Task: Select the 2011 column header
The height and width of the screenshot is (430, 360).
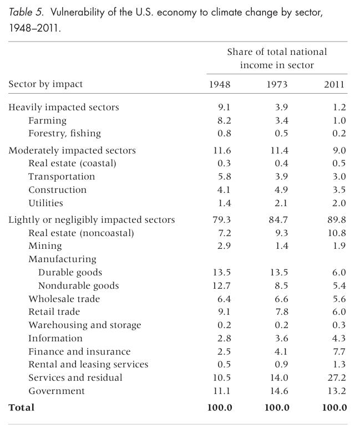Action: pyautogui.click(x=334, y=84)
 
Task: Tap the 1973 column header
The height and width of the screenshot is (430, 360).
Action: pyautogui.click(x=277, y=84)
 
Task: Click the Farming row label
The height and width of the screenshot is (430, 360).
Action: pyautogui.click(x=47, y=120)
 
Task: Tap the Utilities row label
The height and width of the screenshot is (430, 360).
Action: pyautogui.click(x=45, y=203)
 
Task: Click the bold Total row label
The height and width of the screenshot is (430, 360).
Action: pyautogui.click(x=21, y=407)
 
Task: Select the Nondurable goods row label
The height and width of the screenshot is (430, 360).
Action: pyautogui.click(x=78, y=286)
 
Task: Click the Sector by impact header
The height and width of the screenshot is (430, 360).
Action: pyautogui.click(x=45, y=84)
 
